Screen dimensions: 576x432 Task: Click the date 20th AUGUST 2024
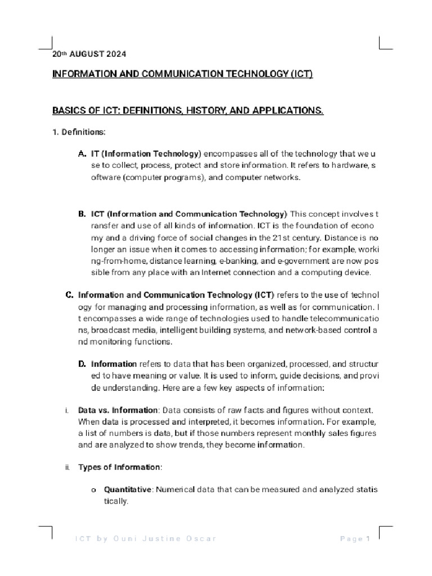[89, 55]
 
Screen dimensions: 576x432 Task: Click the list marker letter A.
[82, 154]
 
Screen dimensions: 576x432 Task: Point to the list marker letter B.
[82, 214]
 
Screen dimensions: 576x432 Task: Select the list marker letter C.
[69, 295]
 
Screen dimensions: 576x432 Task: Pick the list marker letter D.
[82, 364]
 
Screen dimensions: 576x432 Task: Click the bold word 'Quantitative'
[128, 490]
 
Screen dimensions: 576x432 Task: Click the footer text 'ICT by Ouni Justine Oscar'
[146, 539]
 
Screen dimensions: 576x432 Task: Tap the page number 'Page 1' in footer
[354, 539]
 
